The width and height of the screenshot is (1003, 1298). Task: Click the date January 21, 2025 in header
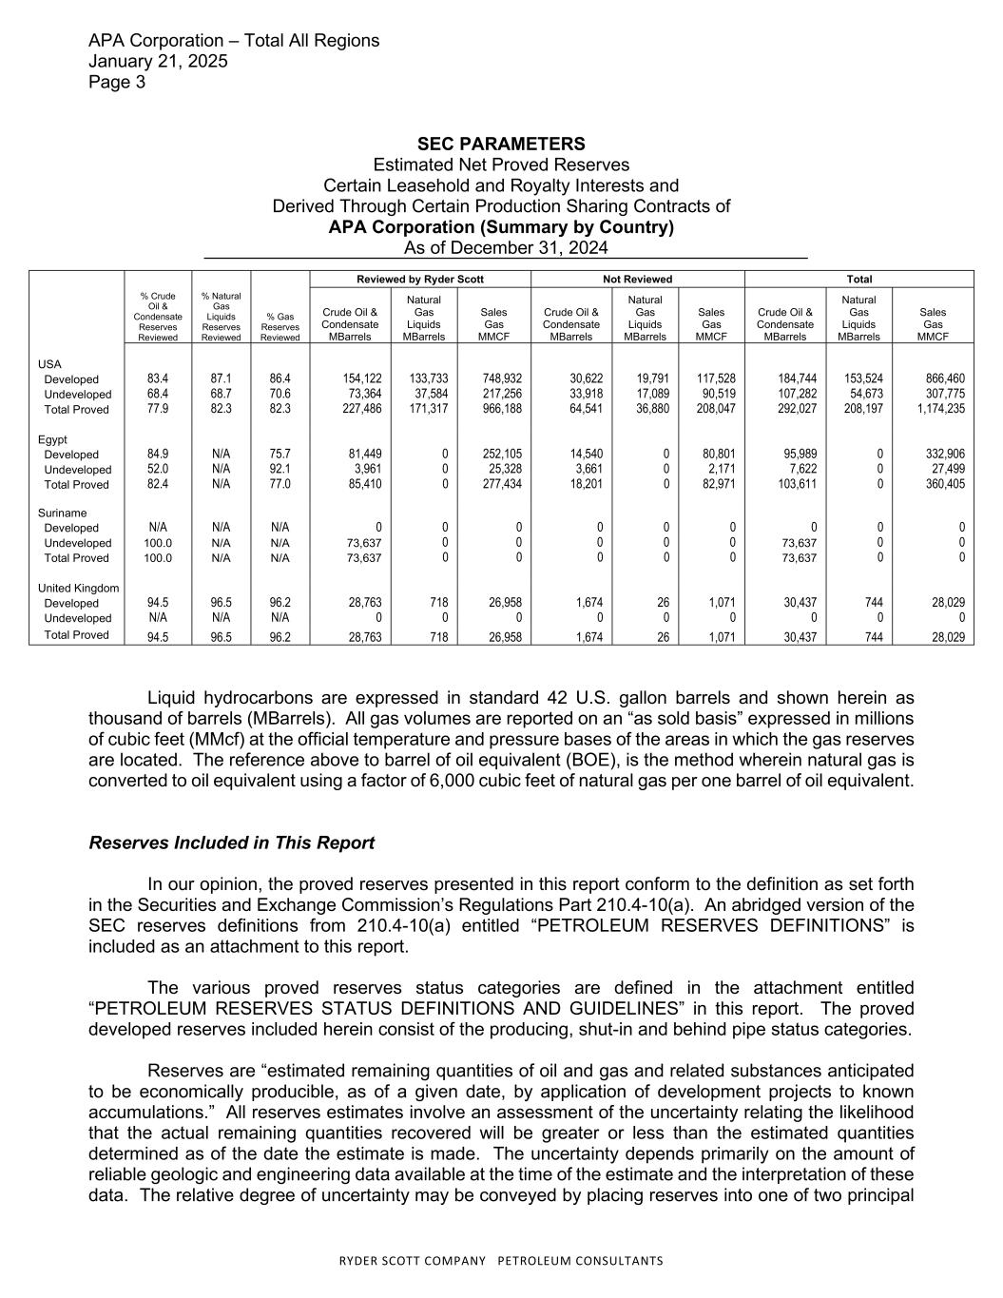coord(158,61)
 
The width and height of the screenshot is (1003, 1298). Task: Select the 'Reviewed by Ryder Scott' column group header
coord(420,279)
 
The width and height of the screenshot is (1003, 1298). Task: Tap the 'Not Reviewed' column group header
coord(638,279)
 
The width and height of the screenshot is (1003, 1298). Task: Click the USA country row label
coord(49,364)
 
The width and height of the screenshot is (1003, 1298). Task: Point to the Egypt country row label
coord(52,439)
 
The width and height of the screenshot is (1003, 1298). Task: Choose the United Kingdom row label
coord(79,588)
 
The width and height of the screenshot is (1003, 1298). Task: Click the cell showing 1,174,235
coord(938,410)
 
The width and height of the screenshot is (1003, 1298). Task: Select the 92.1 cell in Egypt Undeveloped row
coord(280,470)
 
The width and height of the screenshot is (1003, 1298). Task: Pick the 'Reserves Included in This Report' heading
coord(231,843)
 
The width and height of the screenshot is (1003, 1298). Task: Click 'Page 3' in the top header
coord(117,82)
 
